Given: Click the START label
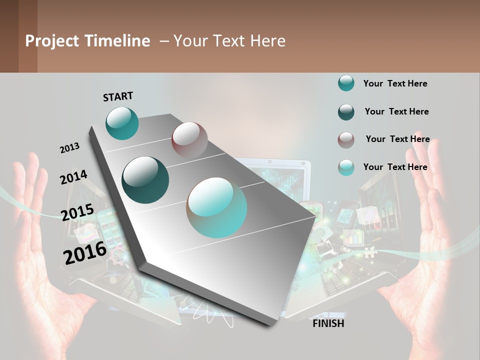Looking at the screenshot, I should tap(118, 96).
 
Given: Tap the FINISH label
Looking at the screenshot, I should tap(328, 323).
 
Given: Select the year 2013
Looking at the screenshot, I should tap(69, 147).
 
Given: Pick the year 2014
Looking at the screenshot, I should tap(73, 177).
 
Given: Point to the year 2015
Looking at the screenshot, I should tap(77, 212).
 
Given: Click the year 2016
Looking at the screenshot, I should tap(85, 252).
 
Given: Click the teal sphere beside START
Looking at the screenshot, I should tap(122, 123).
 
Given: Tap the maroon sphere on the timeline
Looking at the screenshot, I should tap(189, 139).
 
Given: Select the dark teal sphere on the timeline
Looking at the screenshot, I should tap(145, 180).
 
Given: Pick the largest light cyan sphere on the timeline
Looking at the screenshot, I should tap(217, 207).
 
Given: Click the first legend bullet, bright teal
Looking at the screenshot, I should tap(346, 83).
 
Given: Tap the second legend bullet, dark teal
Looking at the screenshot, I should tap(346, 112).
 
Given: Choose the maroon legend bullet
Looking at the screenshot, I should tap(346, 140).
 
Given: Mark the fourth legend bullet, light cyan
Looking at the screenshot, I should tap(346, 167).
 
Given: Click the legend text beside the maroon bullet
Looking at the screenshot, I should tap(397, 139).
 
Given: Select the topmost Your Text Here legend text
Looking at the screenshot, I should tap(395, 83).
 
